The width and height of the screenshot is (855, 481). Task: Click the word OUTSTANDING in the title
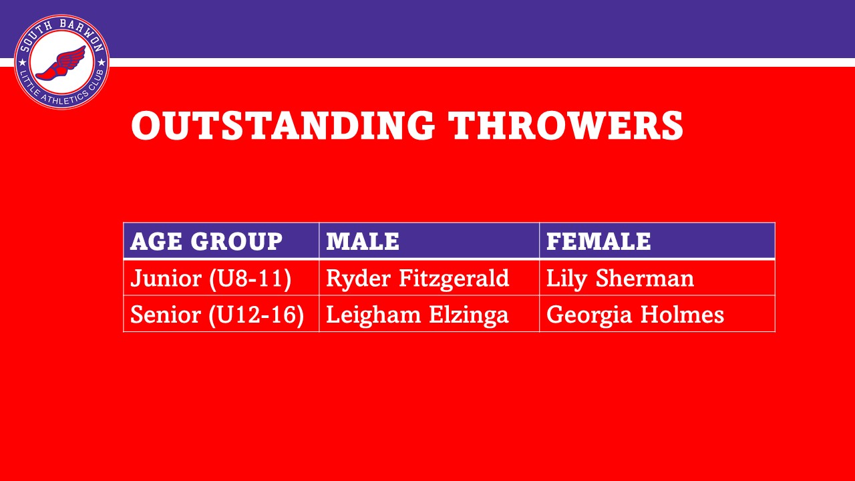(x=283, y=125)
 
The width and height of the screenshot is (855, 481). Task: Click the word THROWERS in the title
(x=566, y=125)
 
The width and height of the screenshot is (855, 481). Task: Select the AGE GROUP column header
(x=206, y=241)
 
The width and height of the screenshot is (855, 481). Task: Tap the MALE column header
(x=363, y=241)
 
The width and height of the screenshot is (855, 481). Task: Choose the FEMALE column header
(x=598, y=241)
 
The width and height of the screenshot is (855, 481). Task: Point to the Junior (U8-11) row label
(x=210, y=279)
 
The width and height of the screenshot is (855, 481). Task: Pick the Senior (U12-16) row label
(x=217, y=315)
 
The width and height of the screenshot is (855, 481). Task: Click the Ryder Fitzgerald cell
(x=417, y=279)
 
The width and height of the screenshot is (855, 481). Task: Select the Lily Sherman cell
(x=620, y=279)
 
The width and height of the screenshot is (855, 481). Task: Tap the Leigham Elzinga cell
(x=417, y=315)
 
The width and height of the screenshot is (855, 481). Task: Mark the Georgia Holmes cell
(x=635, y=315)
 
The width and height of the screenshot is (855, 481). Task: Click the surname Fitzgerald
(x=454, y=279)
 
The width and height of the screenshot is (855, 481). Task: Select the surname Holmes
(x=682, y=315)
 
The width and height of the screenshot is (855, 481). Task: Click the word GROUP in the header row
(x=236, y=241)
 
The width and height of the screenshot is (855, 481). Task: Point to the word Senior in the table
(x=165, y=315)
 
